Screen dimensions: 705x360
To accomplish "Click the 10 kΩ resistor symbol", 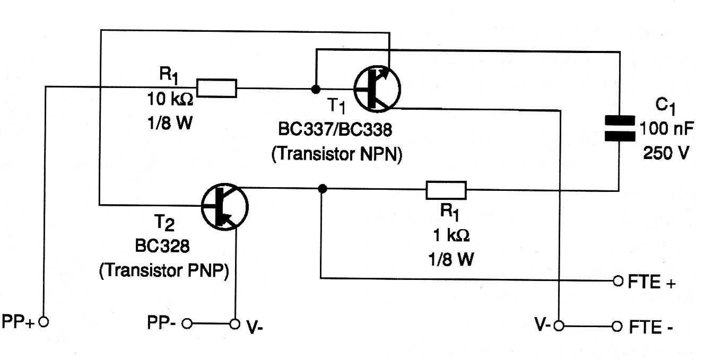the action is pos(216,88).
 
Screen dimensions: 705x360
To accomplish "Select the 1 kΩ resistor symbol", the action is pos(446,190).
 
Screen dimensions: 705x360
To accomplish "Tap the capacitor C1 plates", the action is pos(620,128).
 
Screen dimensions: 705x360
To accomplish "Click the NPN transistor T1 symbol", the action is pos(377,89).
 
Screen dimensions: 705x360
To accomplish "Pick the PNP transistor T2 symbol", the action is pos(224,207).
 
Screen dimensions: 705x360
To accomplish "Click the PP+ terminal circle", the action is pos(43,322).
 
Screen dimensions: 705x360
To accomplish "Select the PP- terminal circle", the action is pos(187,323).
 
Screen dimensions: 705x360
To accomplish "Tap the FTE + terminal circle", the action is pos(618,281).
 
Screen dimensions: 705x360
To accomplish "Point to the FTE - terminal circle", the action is pos(617,326).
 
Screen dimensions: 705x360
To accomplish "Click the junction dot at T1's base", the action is pos(316,90).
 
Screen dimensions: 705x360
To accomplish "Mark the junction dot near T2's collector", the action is pos(323,189).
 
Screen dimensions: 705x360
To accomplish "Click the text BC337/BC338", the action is pos(335,129).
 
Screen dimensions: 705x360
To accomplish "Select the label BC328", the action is pos(162,246).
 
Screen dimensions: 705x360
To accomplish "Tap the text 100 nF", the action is pos(667,128).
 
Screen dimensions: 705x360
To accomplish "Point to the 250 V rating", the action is pos(666,153).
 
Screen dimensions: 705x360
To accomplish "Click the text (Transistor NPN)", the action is pos(337,154).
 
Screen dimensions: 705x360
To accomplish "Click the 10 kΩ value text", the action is pos(170,99).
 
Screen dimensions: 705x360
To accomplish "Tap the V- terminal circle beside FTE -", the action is pos(559,326).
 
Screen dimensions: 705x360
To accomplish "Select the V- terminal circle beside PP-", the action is pos(234,324).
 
